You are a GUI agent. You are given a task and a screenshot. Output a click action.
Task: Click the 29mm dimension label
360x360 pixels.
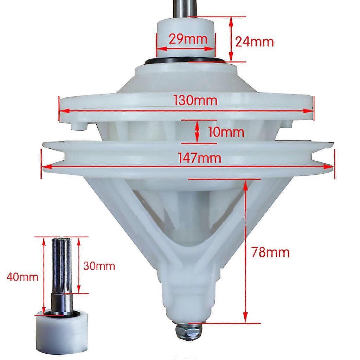pos(188,39)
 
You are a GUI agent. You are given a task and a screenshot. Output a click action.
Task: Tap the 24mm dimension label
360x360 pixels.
pos(255,42)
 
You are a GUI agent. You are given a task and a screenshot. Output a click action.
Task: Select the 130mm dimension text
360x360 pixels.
pos(195,101)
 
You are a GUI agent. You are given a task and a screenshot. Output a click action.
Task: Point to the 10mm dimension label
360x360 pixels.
pos(226,132)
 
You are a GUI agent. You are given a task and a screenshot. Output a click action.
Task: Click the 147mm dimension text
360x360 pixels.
pos(200,158)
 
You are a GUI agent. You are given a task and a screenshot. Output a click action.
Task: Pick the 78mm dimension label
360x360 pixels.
pos(270,252)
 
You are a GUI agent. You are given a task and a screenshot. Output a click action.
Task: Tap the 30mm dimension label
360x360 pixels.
pos(99,266)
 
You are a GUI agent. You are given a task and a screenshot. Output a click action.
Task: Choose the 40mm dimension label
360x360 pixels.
pos(22,277)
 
